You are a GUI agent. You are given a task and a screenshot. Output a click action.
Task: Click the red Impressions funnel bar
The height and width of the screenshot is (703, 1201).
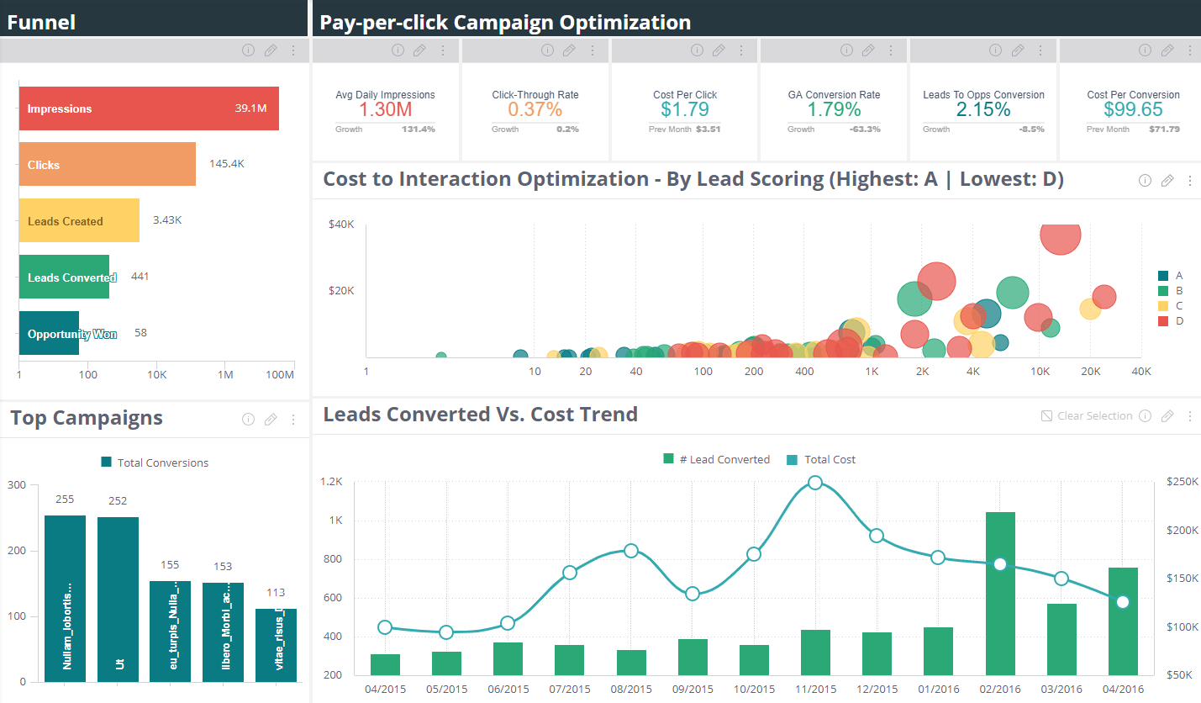(x=148, y=108)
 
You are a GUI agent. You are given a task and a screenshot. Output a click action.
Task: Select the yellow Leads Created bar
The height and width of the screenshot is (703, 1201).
(x=79, y=220)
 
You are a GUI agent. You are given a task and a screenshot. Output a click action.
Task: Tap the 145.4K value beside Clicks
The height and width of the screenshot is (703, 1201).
(x=227, y=164)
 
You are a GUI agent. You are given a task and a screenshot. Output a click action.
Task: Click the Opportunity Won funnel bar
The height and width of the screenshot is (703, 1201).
(x=49, y=333)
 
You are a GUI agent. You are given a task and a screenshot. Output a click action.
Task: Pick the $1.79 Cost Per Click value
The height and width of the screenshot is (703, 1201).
(x=684, y=109)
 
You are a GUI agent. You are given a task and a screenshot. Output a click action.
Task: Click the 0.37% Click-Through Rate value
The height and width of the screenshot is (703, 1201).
(x=535, y=109)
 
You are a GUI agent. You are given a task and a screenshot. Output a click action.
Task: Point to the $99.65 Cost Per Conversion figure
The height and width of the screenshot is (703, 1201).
(x=1133, y=109)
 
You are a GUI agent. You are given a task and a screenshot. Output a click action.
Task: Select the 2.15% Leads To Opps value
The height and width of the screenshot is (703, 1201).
(x=983, y=109)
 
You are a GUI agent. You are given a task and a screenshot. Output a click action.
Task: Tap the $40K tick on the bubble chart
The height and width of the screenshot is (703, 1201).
(x=341, y=225)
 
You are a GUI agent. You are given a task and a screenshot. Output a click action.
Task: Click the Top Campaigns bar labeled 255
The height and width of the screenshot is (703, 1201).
(x=65, y=598)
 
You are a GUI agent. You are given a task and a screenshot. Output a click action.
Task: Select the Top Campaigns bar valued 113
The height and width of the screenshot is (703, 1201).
(x=276, y=644)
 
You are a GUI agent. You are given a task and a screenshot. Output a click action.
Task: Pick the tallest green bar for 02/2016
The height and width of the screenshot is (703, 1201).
(x=1000, y=593)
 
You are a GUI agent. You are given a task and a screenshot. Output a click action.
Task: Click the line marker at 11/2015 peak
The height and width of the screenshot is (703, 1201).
(x=814, y=483)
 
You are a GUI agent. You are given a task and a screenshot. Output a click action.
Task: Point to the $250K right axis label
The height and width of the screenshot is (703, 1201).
(x=1180, y=482)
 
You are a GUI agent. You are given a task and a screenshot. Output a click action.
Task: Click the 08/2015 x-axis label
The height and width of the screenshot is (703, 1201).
(x=631, y=689)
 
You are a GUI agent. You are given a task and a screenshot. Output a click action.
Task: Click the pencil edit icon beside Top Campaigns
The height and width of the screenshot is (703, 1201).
(x=271, y=420)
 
